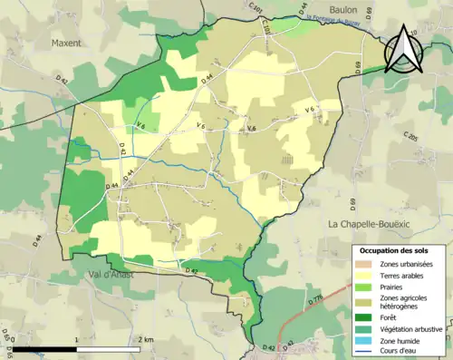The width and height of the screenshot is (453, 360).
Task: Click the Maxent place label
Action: coord(66,43)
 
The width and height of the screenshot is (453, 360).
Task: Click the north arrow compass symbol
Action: coord(403,50)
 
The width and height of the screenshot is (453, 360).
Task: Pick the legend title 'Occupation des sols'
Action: coord(394,249)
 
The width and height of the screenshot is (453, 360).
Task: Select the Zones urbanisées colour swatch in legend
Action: coord(367,264)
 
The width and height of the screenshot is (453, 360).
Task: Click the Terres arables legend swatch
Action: coord(367,276)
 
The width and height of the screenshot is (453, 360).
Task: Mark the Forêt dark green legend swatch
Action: coord(367,316)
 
